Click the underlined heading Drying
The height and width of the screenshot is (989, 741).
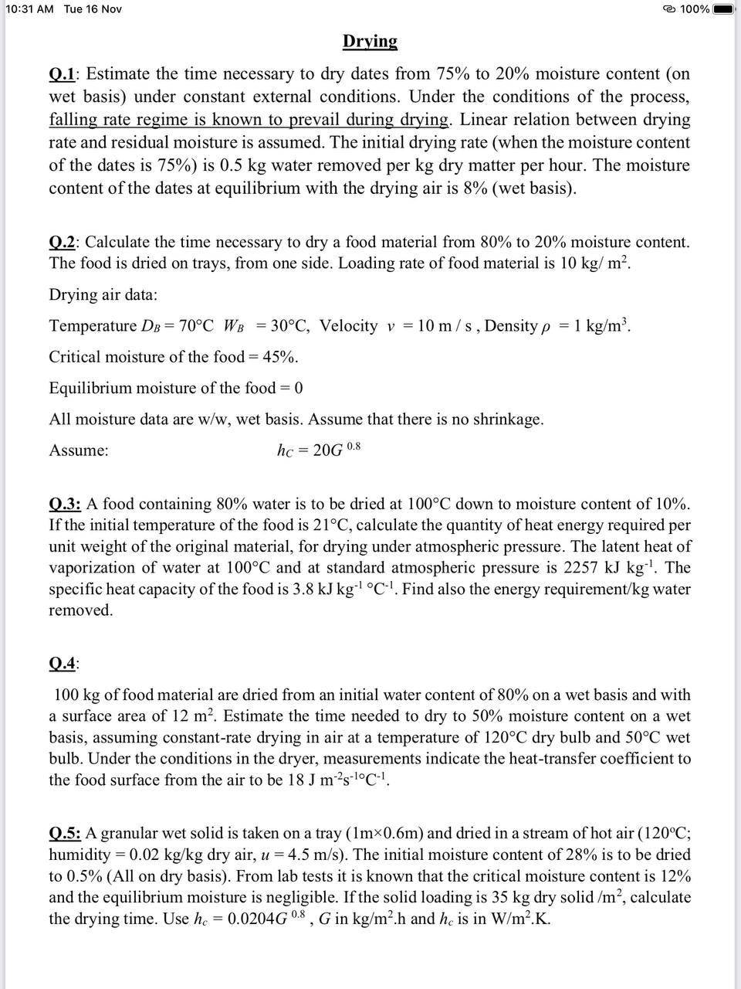point(370,41)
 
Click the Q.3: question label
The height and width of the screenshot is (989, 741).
point(65,504)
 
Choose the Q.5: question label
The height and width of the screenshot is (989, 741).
point(65,834)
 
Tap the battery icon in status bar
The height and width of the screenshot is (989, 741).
point(724,9)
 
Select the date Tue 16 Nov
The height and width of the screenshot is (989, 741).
point(93,9)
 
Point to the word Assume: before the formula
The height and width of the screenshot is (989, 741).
point(79,450)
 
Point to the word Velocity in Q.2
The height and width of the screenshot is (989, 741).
point(348,326)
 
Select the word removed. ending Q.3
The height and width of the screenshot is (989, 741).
point(81,610)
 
